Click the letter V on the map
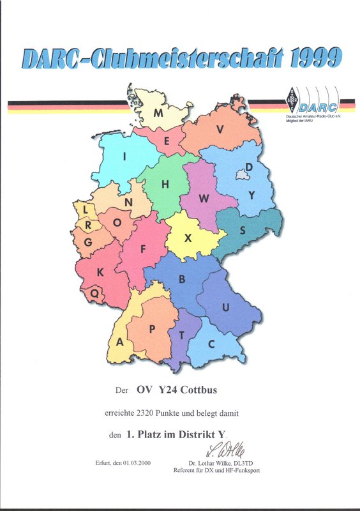pos(220,129)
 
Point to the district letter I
pos(125,156)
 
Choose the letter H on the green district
pos(165,185)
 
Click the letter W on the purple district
pos(204,199)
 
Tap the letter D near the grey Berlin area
pos(250,167)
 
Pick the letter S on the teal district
pos(243,229)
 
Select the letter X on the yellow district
pos(188,238)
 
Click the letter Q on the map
pos(95,293)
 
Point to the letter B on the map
pos(182,279)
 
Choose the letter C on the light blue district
pos(211,344)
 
